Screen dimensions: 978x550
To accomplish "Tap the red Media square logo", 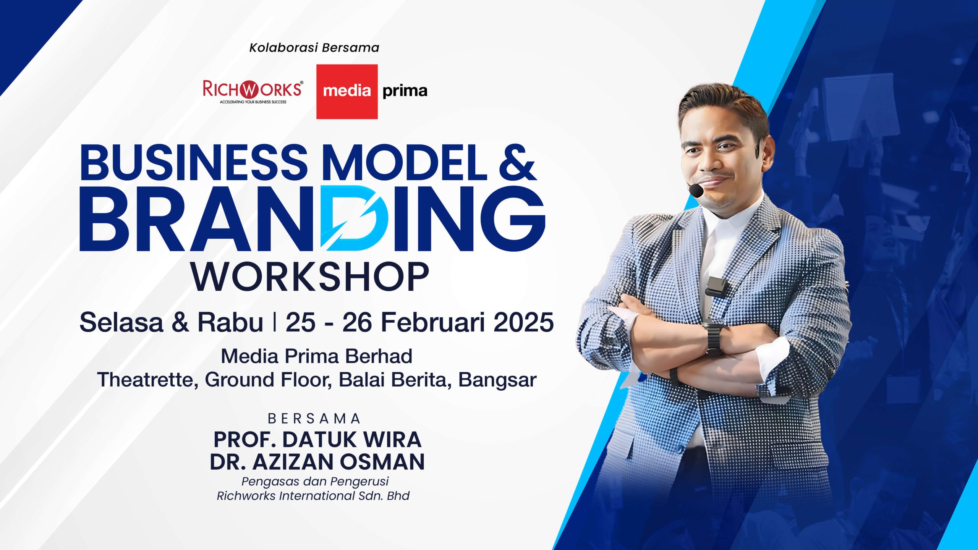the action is tap(347, 92).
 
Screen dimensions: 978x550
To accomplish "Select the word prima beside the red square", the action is tap(405, 92).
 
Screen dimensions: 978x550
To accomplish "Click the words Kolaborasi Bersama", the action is tap(314, 48).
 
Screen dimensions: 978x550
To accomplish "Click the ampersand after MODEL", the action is tap(518, 162).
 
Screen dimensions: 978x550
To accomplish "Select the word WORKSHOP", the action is tap(310, 277).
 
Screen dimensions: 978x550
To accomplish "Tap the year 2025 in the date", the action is tap(524, 322).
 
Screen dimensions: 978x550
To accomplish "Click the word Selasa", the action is tap(121, 322).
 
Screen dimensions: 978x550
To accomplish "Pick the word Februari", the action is tap(434, 322).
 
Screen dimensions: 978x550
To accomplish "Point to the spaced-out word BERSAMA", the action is tap(314, 419).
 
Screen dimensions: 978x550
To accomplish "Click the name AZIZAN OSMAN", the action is tap(338, 461).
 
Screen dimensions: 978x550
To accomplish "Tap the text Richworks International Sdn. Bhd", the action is tap(313, 496).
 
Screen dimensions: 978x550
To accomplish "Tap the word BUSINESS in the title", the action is tap(193, 162).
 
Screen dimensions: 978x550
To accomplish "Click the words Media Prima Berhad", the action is tap(317, 356).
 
